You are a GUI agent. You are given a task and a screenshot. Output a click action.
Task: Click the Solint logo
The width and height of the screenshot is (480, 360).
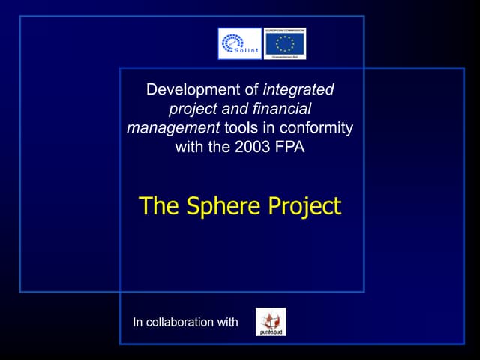coord(239,43)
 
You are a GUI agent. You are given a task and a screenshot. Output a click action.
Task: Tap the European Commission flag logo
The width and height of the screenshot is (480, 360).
coord(285,43)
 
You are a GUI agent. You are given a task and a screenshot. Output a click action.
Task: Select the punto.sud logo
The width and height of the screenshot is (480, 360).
coord(271,322)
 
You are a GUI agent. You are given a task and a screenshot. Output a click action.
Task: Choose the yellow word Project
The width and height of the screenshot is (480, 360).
coord(304,205)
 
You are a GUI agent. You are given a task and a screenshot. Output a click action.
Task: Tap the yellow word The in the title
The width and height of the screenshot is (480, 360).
coord(157,205)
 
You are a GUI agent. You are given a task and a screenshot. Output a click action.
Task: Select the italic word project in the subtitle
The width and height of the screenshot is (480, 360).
coord(193,109)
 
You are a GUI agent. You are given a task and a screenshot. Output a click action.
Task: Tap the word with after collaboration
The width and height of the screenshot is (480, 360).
coord(227,322)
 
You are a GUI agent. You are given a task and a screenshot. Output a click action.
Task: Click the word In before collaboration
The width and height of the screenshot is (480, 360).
coord(137,322)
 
